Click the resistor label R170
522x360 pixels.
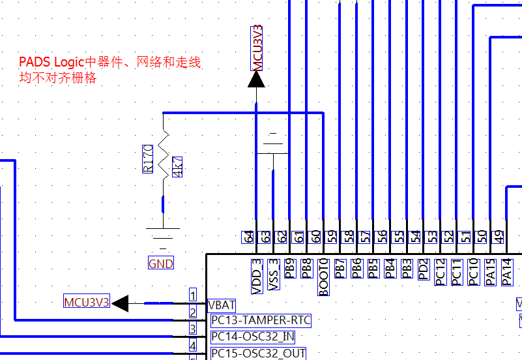pyautogui.click(x=148, y=158)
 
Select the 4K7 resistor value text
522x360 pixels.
pyautogui.click(x=177, y=167)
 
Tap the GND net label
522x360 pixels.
pyautogui.click(x=161, y=263)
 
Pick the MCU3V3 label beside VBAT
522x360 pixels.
pyautogui.click(x=87, y=302)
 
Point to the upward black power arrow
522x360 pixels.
pyautogui.click(x=257, y=79)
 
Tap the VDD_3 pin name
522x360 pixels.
pyautogui.click(x=256, y=271)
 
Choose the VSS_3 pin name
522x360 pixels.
pyautogui.click(x=274, y=271)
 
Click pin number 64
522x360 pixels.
pyautogui.click(x=248, y=237)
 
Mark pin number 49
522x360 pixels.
pyautogui.click(x=499, y=237)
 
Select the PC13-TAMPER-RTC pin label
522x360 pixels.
pyautogui.click(x=261, y=320)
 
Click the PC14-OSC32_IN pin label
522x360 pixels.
pyautogui.click(x=252, y=337)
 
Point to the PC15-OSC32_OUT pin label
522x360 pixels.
pyautogui.click(x=257, y=353)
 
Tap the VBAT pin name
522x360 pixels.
pyautogui.click(x=222, y=305)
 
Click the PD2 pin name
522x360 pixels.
pyautogui.click(x=424, y=269)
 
